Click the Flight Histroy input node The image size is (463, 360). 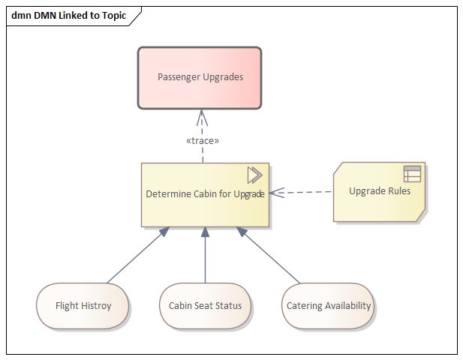coord(83,306)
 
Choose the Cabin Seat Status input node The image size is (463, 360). coord(205,306)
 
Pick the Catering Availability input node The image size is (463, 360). coord(329,306)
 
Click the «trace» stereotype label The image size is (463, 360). coord(203,140)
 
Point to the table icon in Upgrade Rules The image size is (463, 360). coord(412,174)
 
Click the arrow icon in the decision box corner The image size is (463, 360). coord(254,175)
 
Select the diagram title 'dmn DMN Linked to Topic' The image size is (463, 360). coord(69,15)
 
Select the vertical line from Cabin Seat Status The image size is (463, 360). coord(205,259)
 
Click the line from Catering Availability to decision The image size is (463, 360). coord(270,257)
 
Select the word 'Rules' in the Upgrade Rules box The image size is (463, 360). coord(398,190)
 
